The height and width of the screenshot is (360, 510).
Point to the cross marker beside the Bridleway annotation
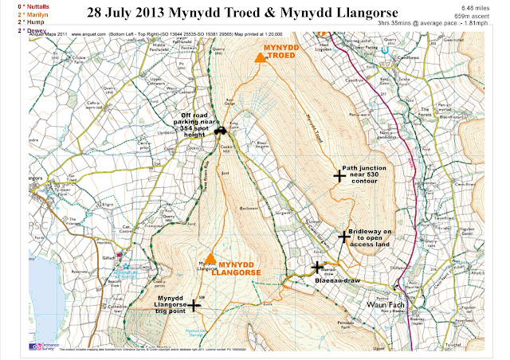343,237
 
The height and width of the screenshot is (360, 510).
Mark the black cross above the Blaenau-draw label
318,268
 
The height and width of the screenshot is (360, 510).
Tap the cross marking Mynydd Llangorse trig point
193,305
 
